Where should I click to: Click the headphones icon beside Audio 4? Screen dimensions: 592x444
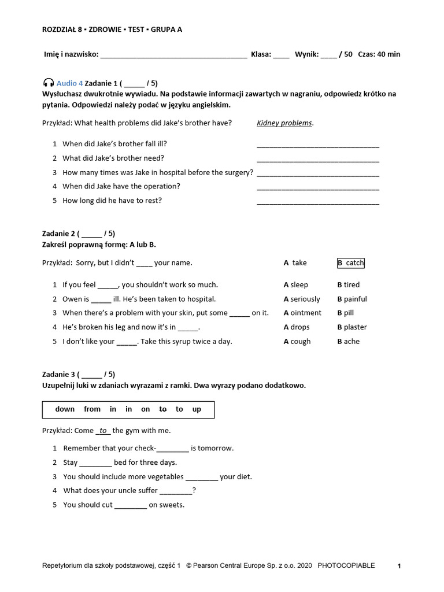pos(48,83)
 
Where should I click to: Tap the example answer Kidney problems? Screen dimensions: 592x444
pos(284,123)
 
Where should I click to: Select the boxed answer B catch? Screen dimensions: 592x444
pos(351,263)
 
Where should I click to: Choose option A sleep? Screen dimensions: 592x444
pos(296,285)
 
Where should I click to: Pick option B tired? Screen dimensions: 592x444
pos(349,285)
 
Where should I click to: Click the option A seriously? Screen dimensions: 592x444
pos(302,299)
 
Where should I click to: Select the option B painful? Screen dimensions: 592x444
pos(352,299)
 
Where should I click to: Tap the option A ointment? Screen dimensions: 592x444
pos(302,313)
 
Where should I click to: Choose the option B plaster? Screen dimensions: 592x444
pos(352,327)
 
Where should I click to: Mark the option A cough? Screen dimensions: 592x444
pos(297,342)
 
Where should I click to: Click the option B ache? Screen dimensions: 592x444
pos(349,342)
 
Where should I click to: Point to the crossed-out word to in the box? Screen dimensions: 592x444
pos(163,409)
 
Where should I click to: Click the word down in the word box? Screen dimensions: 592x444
pos(65,409)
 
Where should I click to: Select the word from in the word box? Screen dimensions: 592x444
pos(92,409)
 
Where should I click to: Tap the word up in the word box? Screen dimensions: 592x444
pos(197,409)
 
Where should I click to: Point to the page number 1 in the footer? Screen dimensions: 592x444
pos(399,567)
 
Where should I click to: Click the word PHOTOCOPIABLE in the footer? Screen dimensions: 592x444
pos(346,566)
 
